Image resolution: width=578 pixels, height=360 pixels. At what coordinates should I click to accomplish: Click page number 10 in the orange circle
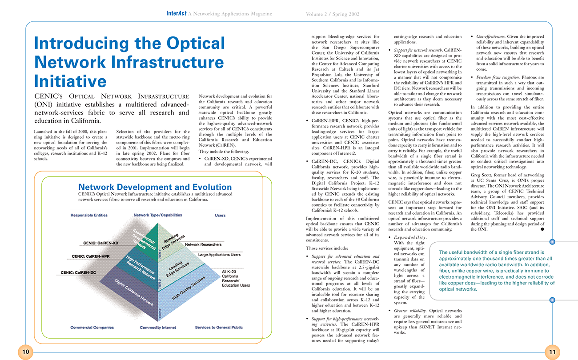click(x=26, y=352)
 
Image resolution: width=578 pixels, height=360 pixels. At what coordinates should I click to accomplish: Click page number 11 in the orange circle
click(x=552, y=352)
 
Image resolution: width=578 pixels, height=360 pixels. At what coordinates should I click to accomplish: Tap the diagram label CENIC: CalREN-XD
click(x=101, y=243)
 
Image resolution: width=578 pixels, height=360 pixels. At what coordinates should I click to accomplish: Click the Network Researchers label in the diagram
click(x=203, y=244)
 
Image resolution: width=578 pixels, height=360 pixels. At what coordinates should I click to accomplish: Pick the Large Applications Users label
click(x=219, y=255)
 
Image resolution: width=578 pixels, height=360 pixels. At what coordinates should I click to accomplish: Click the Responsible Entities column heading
click(x=89, y=215)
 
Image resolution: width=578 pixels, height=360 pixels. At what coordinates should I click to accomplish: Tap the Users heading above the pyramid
click(x=220, y=215)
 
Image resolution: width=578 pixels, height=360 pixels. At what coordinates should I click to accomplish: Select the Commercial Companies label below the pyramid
click(x=92, y=328)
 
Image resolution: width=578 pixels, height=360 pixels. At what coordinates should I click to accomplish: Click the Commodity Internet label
click(x=158, y=328)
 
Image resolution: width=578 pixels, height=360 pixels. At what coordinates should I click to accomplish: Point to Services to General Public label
click(x=219, y=328)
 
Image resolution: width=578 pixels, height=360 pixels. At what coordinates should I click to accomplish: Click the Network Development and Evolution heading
click(x=155, y=187)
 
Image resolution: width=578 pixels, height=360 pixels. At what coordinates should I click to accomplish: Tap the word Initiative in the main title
click(x=70, y=80)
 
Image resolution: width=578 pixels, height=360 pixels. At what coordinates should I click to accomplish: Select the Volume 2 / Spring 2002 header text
click(x=333, y=14)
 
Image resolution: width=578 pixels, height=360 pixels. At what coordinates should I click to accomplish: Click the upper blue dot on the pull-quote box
click(x=552, y=242)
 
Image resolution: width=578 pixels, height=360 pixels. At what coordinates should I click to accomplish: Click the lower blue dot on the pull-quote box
click(x=552, y=300)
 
